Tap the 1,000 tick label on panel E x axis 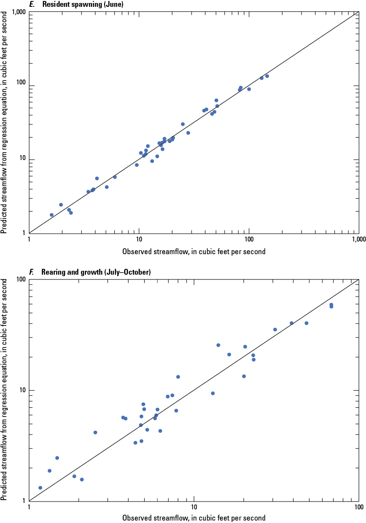click(359, 240)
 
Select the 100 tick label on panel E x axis click(249, 240)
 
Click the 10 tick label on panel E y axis click(22, 160)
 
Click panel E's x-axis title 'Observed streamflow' click(194, 252)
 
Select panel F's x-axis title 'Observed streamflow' click(194, 518)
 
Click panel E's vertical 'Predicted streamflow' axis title click(4, 123)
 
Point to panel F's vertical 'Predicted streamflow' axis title click(4, 390)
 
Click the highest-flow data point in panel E click(267, 76)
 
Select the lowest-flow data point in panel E click(52, 215)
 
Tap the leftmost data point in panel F click(40, 487)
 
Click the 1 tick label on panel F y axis click(24, 501)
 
